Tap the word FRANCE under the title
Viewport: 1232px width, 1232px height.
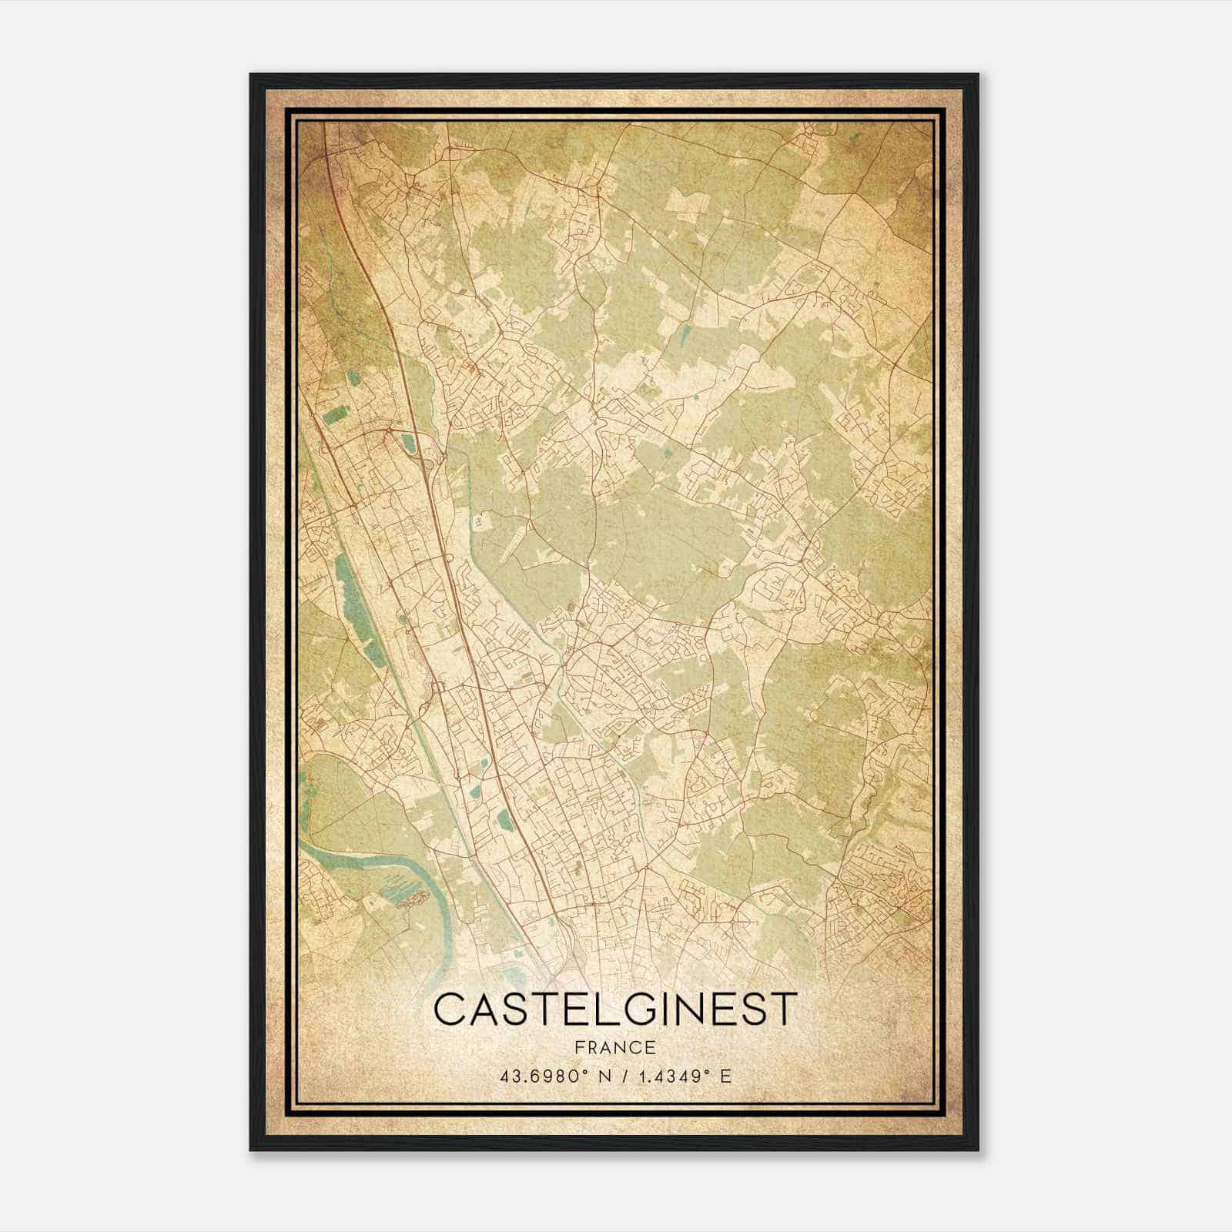tap(614, 1047)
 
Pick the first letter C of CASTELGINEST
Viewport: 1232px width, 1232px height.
tap(450, 1009)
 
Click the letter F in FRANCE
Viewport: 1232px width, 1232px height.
tap(578, 1047)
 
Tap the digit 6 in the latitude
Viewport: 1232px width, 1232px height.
tap(532, 1076)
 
